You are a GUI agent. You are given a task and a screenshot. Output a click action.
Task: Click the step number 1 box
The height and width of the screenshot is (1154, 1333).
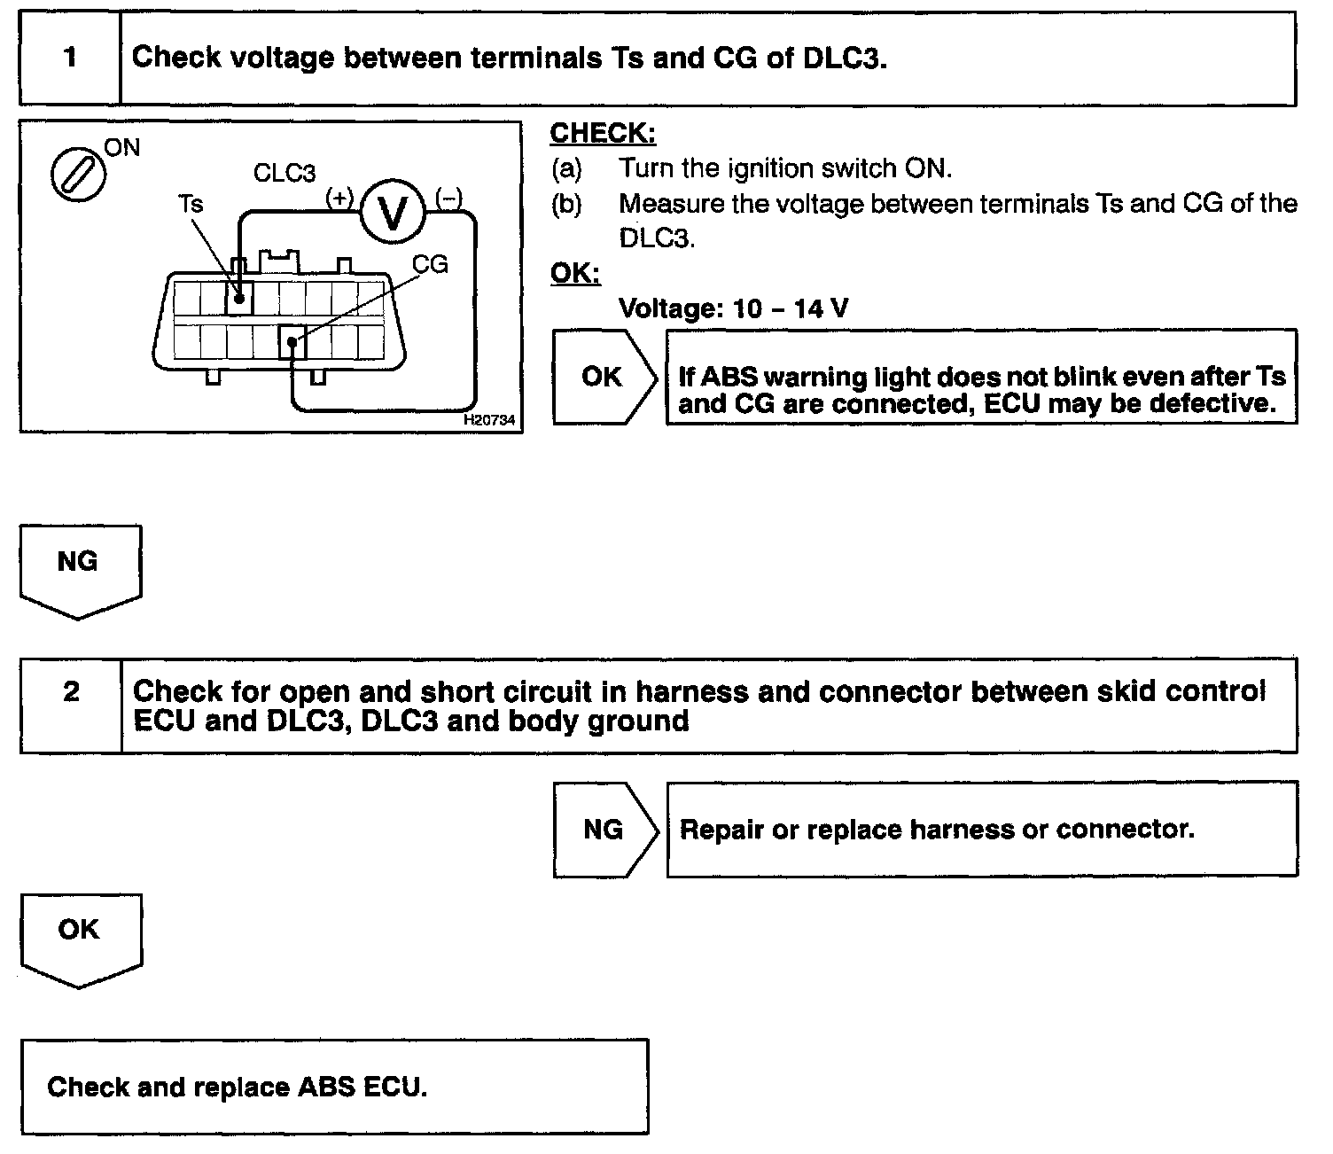tap(70, 58)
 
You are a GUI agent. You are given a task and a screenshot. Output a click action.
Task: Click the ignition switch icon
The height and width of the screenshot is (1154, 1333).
tap(78, 175)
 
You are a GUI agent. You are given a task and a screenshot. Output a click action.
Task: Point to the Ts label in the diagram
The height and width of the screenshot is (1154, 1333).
tap(191, 204)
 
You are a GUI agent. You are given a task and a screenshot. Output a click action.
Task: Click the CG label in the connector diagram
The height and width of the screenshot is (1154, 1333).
tap(431, 264)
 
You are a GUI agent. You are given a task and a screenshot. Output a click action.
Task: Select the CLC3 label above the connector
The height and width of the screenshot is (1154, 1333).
tap(285, 173)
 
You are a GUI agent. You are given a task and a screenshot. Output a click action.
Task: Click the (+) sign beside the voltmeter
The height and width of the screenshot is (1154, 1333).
tap(339, 197)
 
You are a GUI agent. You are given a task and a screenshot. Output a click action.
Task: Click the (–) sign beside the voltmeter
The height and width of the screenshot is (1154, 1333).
tap(448, 197)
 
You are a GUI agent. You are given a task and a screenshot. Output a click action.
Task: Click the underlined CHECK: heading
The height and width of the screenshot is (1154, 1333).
tap(603, 134)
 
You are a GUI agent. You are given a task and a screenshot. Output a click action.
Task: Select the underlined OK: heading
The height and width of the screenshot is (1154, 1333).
tap(575, 273)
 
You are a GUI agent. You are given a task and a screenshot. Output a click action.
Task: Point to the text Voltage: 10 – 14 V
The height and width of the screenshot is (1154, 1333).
tap(733, 308)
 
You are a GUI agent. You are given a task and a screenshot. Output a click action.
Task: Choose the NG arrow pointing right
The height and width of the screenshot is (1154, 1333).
tap(605, 830)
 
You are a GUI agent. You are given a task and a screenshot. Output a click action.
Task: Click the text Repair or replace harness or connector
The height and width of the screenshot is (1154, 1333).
tap(937, 830)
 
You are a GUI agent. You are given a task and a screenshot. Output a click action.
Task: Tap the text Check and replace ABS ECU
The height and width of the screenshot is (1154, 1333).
tap(238, 1087)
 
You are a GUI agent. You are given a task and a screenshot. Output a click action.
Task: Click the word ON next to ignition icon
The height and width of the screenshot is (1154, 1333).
tap(122, 147)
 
